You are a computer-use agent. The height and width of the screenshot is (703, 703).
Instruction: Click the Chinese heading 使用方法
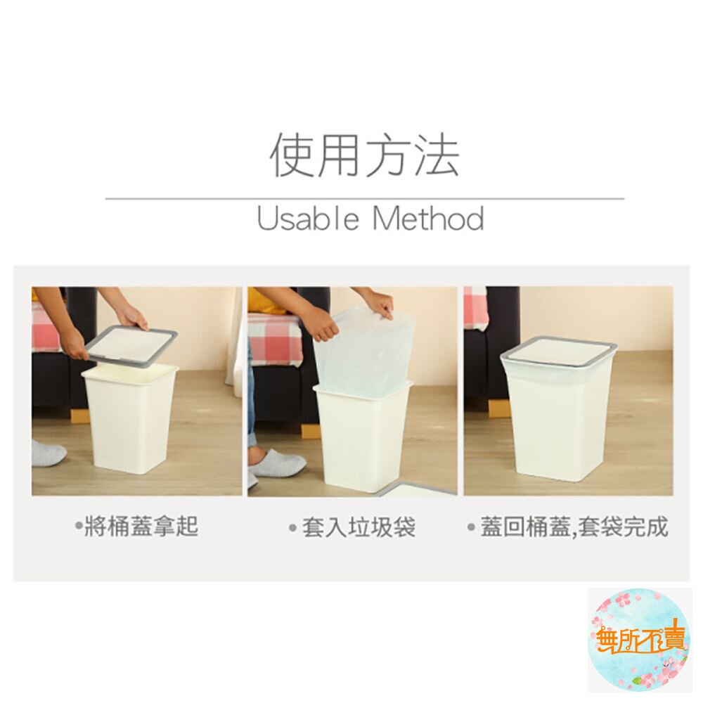pos(364,154)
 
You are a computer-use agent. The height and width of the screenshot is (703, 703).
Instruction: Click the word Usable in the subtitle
pos(308,219)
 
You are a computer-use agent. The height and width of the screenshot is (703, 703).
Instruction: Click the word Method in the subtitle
pos(427,219)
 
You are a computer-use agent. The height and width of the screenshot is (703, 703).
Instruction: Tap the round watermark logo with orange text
pos(640,640)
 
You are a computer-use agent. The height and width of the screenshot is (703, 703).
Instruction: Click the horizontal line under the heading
pos(364,198)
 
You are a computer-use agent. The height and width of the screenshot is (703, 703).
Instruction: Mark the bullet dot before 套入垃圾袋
pos(293,527)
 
